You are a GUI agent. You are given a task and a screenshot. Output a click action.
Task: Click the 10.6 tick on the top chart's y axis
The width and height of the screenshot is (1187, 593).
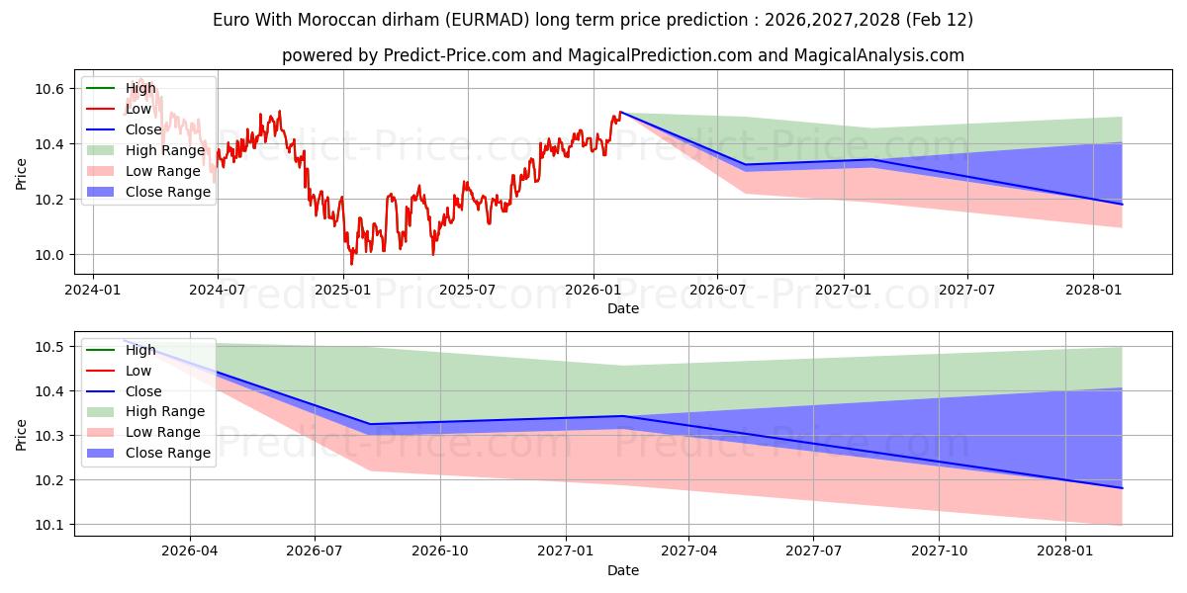pos(50,89)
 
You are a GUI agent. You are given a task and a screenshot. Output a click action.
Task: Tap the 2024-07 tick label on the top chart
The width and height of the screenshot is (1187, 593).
pos(217,290)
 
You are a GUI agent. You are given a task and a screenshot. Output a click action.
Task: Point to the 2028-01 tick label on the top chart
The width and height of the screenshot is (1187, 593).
pos(1092,290)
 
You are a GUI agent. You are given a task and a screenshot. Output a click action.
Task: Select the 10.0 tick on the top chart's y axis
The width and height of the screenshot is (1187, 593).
pos(50,255)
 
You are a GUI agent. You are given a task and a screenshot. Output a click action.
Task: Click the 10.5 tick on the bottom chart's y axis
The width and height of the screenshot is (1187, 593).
pos(50,347)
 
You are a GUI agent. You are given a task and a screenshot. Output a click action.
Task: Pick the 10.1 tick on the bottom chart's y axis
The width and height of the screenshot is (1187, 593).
pos(50,525)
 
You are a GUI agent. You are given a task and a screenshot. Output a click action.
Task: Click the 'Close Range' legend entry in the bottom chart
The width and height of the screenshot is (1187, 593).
pos(168,453)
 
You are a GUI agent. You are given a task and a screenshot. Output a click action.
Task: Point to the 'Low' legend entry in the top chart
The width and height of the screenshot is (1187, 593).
pos(139,109)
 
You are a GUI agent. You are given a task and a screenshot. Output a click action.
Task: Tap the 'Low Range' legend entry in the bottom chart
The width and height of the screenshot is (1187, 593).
pos(162,432)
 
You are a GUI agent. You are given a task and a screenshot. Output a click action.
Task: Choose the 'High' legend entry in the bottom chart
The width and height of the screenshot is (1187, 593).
pos(140,350)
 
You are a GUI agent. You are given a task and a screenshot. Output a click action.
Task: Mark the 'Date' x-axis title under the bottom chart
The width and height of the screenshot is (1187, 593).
pos(623,570)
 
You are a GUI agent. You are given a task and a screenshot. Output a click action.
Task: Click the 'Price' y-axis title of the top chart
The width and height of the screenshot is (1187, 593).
pos(22,174)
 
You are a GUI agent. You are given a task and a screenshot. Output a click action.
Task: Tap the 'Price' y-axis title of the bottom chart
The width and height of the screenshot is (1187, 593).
pos(22,435)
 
